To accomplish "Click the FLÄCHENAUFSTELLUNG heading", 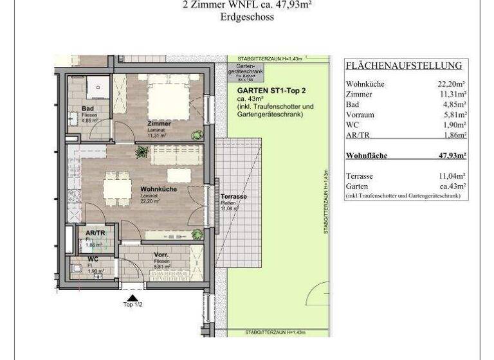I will coord(404,66).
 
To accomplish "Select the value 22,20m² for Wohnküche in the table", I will coord(452,84).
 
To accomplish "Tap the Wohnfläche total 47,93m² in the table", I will coord(452,156).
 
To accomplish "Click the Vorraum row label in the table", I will coord(360,114).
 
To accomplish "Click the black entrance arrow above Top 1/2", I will coord(133,297).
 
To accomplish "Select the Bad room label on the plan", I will coord(88,109).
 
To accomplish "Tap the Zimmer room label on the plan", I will coord(158,123).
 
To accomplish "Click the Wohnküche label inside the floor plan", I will coord(158,190).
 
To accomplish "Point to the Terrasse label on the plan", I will coord(233,197).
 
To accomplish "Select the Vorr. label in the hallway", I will coord(161,255).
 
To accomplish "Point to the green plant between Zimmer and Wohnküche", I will coord(142,152).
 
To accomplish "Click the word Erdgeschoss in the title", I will coord(246,17).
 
